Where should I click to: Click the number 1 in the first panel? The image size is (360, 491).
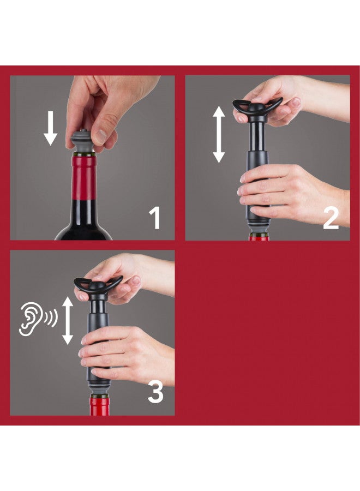(x=155, y=218)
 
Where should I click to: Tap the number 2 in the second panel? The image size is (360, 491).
(x=331, y=218)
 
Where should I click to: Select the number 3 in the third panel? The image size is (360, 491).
(x=155, y=392)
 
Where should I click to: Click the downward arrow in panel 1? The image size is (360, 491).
(x=51, y=128)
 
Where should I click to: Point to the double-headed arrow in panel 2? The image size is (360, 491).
(x=219, y=134)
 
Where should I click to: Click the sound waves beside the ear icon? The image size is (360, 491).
(x=50, y=319)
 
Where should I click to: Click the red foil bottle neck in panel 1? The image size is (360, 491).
(x=85, y=177)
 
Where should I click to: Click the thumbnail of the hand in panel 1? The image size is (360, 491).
(x=100, y=136)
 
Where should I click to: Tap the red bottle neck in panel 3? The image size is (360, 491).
(x=99, y=406)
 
